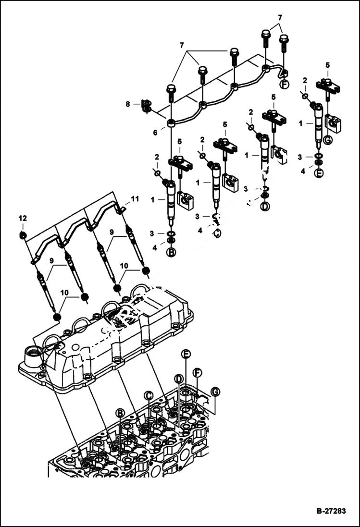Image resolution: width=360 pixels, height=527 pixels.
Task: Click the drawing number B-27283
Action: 331,511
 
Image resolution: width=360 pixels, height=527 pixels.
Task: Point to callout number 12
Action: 22,219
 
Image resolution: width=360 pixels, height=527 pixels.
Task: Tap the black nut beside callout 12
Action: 23,235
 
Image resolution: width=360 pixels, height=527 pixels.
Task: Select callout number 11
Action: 135,198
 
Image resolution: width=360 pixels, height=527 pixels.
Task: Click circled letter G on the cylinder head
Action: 215,392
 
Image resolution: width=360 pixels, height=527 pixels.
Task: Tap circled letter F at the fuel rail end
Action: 285,85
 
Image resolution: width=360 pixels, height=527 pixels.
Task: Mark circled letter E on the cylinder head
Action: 186,354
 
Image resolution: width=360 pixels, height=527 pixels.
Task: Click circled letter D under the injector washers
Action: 265,207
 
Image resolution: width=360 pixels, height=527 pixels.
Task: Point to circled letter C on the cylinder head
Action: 149,395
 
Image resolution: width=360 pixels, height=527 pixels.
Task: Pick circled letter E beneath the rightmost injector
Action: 319,173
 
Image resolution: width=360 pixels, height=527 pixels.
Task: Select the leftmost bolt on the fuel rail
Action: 171,91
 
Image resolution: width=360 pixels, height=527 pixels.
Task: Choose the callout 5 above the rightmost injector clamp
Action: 327,65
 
